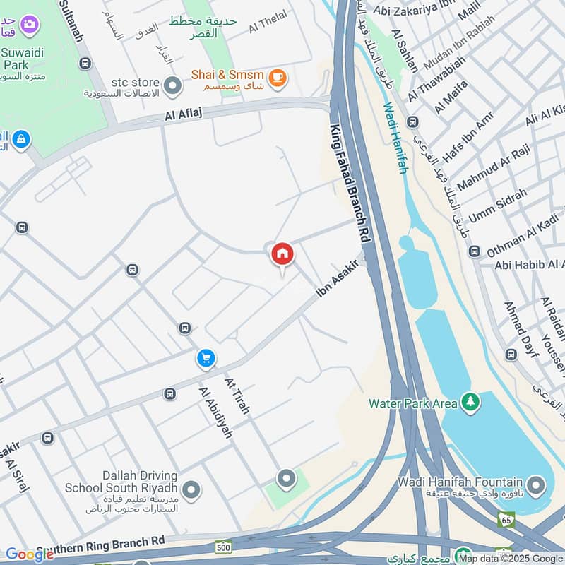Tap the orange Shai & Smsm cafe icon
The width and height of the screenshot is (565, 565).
pos(278,78)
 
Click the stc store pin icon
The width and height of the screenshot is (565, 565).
pos(172,88)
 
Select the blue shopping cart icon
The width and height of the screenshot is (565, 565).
pos(206,359)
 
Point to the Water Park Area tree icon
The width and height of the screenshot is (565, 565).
pos(470,403)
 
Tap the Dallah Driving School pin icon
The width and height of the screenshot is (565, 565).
pos(190,489)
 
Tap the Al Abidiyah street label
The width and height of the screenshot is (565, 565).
pos(215,412)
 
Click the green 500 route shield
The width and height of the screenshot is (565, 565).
pos(224,547)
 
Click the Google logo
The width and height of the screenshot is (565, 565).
pos(28,555)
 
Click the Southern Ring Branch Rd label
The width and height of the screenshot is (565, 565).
pos(100,545)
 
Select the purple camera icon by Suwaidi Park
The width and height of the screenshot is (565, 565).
pos(30,25)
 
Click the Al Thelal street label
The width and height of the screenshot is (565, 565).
pos(266,27)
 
